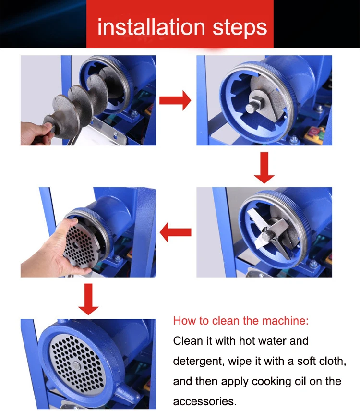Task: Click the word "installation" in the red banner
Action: pos(151,27)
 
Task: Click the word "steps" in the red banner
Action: pos(240,28)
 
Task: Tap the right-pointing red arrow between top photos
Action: pos(175,100)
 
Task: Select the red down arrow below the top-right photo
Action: pos(264,168)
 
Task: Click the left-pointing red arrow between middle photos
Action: pos(175,232)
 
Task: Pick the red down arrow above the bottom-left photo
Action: pos(88,299)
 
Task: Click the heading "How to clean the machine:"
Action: pos(241,321)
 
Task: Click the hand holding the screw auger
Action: pos(36,133)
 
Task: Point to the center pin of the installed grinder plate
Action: pos(76,365)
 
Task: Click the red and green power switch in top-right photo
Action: pos(315,132)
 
